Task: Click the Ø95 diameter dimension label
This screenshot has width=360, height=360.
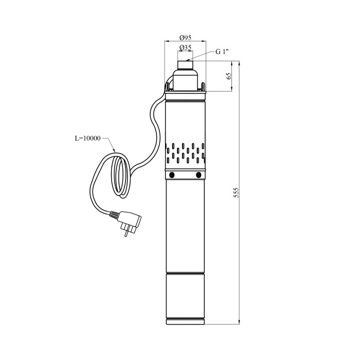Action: tap(185, 37)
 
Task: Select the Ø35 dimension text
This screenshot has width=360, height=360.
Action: tap(185, 47)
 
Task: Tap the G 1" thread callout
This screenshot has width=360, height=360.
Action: tap(222, 51)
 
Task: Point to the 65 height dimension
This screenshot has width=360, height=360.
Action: tap(229, 76)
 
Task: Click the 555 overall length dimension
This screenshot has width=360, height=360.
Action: tap(236, 193)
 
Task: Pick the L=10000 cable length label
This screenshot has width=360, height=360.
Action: tap(88, 138)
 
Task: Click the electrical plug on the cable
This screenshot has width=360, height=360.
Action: tap(126, 222)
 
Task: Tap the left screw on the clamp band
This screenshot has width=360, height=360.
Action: tap(171, 175)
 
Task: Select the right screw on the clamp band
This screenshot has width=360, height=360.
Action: tap(199, 175)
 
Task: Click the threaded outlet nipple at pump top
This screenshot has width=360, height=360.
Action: tap(185, 65)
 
